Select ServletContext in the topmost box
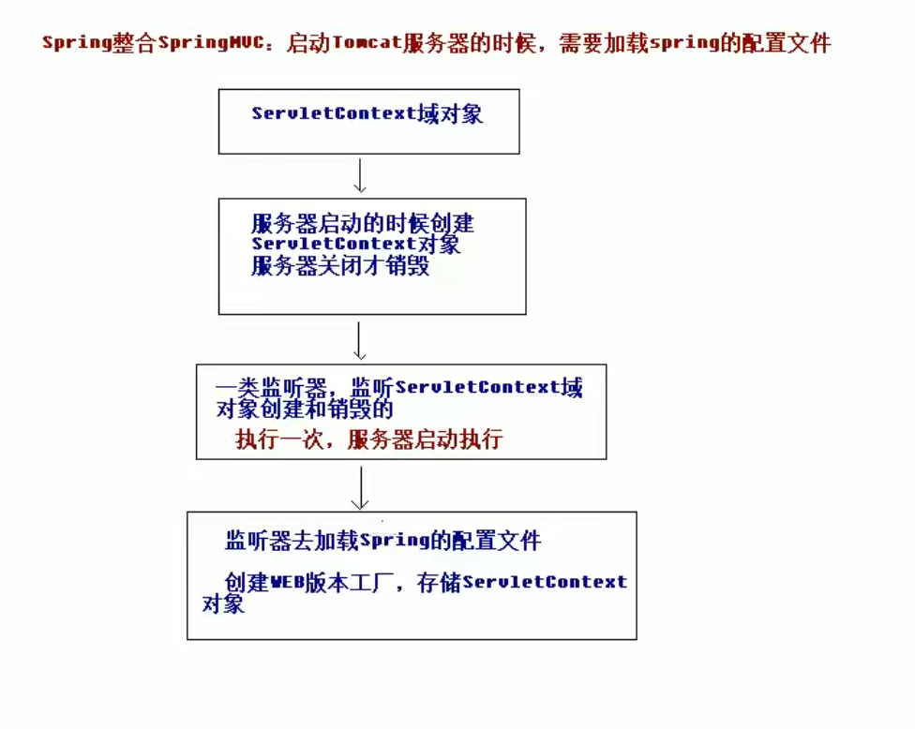333,114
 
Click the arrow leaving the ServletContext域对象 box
359,175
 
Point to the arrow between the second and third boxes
359,340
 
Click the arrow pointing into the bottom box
359,487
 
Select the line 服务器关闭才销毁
340,266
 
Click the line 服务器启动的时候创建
363,224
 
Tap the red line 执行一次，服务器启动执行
369,440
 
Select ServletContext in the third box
478,387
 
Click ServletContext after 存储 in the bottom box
545,582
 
